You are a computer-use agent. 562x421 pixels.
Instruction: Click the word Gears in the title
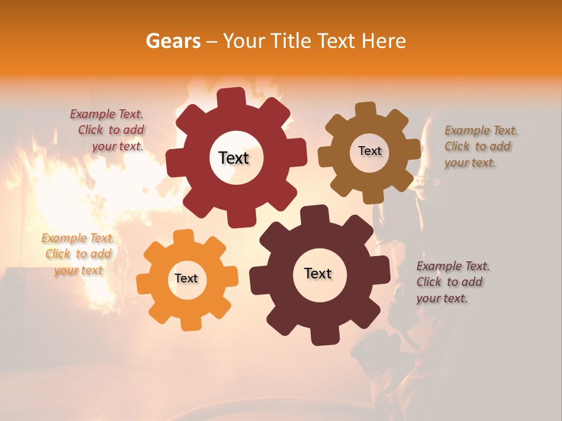173,41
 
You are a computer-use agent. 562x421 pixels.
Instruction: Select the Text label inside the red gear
234,158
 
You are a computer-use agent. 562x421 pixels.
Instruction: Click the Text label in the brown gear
369,151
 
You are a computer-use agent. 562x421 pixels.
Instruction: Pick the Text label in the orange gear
186,278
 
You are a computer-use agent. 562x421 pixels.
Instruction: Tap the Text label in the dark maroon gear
318,273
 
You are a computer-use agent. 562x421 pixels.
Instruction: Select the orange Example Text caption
78,254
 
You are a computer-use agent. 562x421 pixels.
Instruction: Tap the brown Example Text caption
480,146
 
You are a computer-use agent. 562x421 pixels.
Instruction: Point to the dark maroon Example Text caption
452,282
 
